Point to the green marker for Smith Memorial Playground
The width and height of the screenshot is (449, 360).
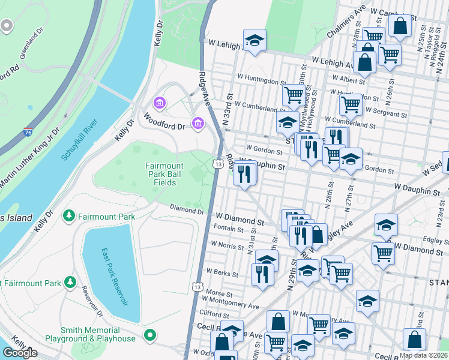click(x=151, y=334)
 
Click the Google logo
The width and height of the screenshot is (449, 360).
click(x=20, y=353)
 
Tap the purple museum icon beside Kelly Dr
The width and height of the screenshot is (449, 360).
click(x=159, y=104)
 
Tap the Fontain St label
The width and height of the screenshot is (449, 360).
click(x=228, y=229)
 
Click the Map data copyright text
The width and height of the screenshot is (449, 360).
click(x=423, y=355)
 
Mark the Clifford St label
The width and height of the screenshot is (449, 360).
click(x=214, y=313)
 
